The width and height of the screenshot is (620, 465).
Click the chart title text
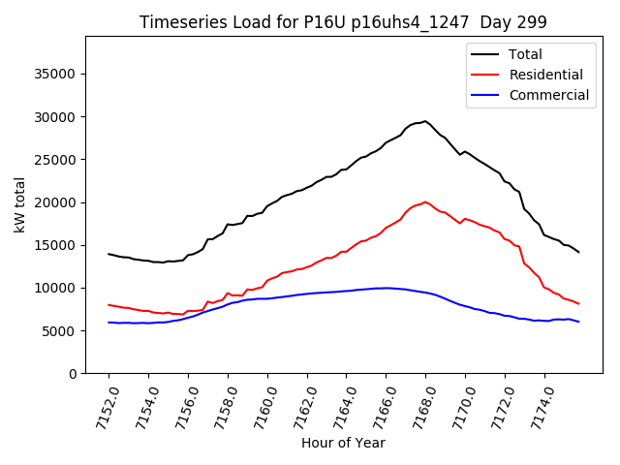[x=343, y=22]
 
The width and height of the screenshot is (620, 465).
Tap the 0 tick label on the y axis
[x=74, y=374]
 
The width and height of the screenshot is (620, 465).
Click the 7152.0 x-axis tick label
[x=99, y=407]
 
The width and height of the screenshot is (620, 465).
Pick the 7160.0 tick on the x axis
[x=258, y=407]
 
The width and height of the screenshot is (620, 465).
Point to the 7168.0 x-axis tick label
[x=416, y=407]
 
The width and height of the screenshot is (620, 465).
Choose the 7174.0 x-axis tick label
[x=535, y=407]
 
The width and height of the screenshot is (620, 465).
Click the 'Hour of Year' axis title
[x=343, y=443]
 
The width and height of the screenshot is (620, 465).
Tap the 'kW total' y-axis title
[x=19, y=205]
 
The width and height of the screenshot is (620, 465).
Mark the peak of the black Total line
[x=424, y=121]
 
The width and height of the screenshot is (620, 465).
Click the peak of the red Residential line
[x=425, y=201]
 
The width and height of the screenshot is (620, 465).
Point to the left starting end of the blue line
[x=108, y=323]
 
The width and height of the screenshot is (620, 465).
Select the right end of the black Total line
[x=578, y=252]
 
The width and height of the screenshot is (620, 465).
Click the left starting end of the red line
[x=108, y=304]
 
